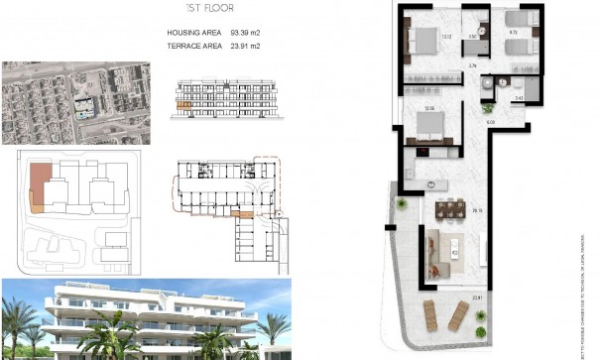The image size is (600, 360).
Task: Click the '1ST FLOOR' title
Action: tap(214, 10)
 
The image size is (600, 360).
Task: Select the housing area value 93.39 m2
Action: tap(241, 33)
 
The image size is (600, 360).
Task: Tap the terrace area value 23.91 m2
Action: tap(241, 46)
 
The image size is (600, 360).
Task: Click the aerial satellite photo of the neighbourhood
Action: tap(76, 103)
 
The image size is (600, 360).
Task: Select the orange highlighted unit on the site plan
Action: tap(37, 186)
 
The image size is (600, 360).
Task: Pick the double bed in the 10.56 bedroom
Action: tap(425, 125)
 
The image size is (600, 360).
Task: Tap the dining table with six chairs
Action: tap(451, 208)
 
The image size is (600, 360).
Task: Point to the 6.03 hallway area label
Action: tap(490, 122)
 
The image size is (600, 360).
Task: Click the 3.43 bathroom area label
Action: tap(520, 97)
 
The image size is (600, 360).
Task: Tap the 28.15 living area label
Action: tap(477, 210)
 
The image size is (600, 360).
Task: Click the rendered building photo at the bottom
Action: tap(147, 318)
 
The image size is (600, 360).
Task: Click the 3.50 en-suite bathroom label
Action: tap(473, 38)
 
